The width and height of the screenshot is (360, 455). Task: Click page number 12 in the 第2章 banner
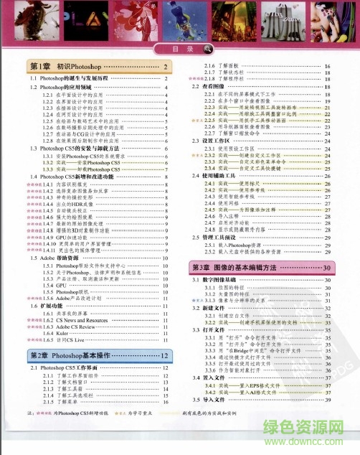coord(164,355)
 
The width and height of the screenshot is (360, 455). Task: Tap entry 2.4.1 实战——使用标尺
coord(244,184)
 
